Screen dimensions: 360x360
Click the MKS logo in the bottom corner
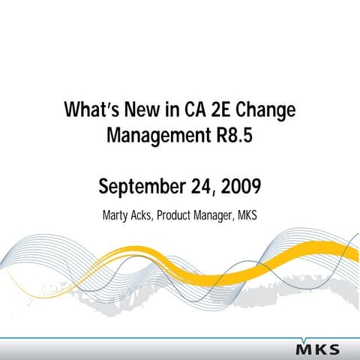(317, 349)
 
